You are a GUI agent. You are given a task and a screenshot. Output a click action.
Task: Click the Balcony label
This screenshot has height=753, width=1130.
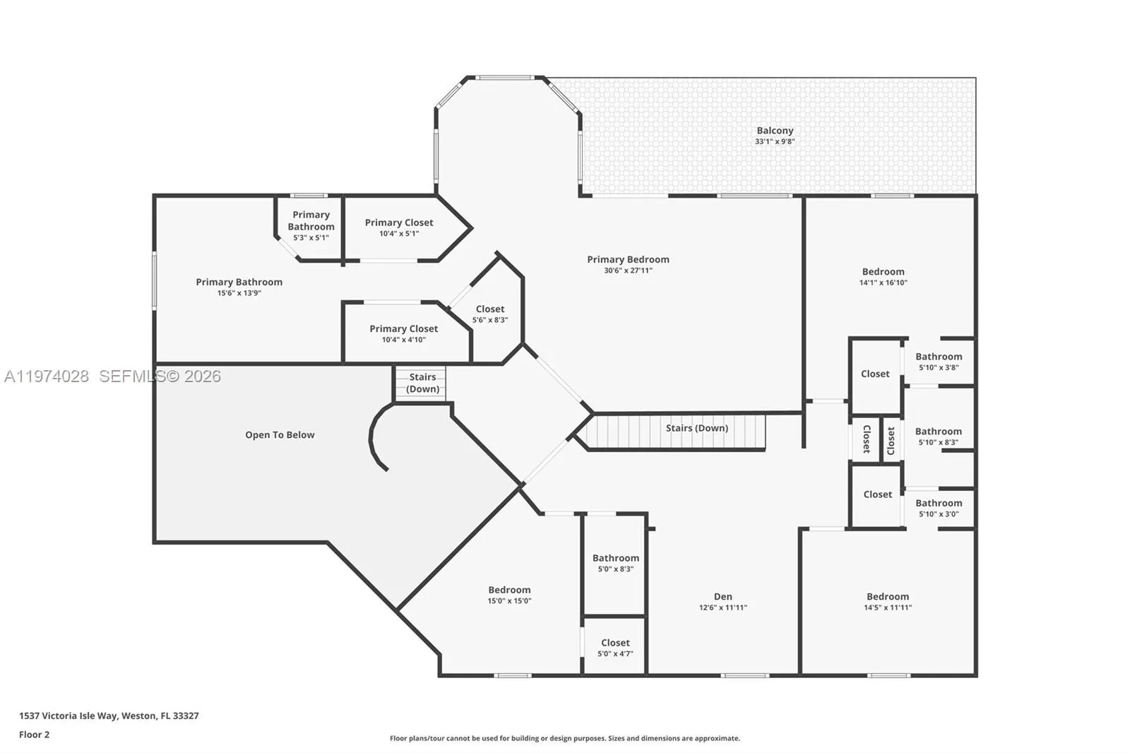point(775,131)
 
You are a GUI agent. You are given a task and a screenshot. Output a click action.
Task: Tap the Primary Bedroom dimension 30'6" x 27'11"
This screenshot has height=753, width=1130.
point(628,271)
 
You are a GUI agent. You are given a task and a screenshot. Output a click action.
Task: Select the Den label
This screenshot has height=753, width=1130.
point(722,596)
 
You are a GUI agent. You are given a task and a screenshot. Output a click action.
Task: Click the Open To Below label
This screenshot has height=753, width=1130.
point(280,435)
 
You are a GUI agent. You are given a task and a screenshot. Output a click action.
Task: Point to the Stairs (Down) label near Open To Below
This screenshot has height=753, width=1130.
point(422,383)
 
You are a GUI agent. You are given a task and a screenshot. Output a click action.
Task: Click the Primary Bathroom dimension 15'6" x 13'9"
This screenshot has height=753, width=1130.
point(239,293)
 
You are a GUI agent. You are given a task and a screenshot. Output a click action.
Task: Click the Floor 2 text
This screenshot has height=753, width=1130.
point(34,735)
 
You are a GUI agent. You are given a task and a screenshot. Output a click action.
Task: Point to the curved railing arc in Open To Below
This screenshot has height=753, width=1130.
point(372,437)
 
